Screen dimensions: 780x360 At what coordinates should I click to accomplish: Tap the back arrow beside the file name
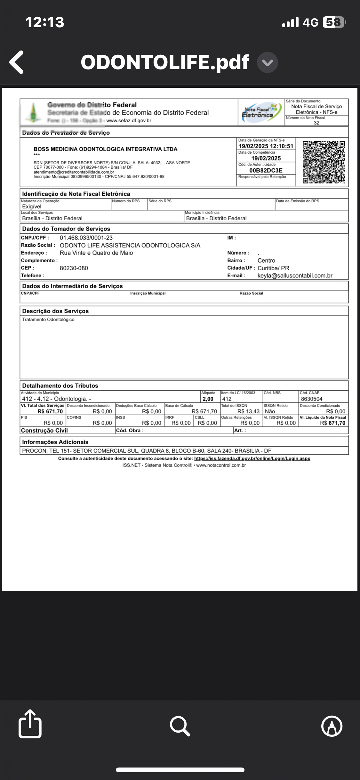(17, 62)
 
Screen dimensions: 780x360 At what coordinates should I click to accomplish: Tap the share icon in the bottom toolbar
(30, 724)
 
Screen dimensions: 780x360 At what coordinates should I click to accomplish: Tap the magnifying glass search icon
(180, 726)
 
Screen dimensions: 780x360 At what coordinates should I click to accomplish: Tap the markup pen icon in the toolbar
(332, 726)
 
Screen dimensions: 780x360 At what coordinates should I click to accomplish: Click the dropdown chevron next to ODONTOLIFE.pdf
(268, 62)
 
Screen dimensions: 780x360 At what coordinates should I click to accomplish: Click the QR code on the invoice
(324, 162)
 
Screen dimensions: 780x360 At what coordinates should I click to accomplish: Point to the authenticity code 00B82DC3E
(266, 171)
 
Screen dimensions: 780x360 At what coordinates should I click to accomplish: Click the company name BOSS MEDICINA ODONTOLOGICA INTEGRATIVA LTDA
(105, 149)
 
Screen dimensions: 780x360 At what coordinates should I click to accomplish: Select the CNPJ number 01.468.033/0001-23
(86, 238)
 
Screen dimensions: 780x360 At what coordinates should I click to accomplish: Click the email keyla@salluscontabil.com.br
(295, 276)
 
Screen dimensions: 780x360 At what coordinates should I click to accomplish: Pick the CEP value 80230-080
(74, 268)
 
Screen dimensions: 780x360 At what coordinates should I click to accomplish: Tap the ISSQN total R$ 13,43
(248, 411)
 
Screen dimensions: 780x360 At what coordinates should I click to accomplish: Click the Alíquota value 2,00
(208, 399)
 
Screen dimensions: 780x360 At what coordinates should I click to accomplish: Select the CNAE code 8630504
(311, 399)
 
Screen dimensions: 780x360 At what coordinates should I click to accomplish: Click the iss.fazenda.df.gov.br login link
(252, 459)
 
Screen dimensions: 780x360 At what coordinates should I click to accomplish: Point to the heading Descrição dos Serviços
(55, 311)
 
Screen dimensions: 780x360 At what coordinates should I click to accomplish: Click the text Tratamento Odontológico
(48, 320)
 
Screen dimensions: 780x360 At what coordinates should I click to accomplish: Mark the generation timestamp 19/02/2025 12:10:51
(266, 146)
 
